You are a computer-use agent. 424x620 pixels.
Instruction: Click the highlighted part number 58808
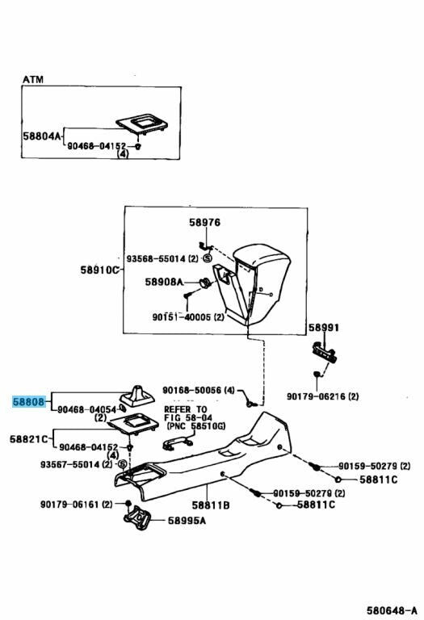point(28,402)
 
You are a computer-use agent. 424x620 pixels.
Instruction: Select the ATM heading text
point(33,79)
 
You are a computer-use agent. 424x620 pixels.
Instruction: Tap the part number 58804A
point(42,136)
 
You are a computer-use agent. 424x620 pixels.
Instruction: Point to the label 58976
point(204,222)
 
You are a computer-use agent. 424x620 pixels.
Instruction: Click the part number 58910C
point(99,270)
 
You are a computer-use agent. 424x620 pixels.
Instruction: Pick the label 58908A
point(164,282)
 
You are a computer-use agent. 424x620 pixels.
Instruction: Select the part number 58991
point(324,328)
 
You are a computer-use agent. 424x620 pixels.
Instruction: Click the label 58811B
point(211,505)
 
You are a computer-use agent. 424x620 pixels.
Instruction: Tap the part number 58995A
point(187,521)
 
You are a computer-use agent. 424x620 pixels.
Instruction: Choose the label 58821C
point(29,438)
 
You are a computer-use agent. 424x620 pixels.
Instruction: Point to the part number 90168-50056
point(192,391)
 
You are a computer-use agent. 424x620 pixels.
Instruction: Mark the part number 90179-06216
point(316,396)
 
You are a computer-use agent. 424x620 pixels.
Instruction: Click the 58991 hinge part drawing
point(325,352)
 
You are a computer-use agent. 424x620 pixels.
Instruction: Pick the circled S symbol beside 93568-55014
point(208,258)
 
